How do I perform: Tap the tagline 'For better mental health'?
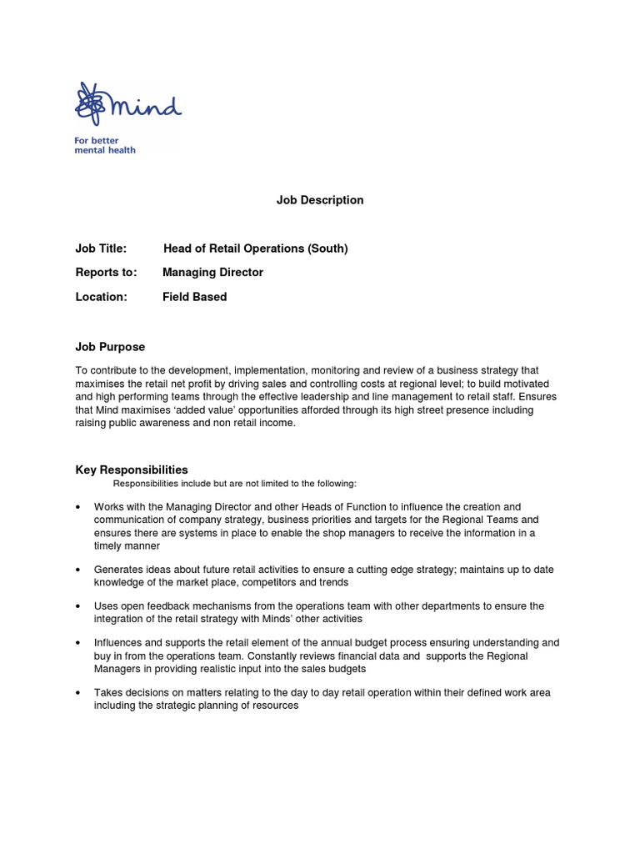point(105,145)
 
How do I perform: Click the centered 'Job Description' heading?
point(320,200)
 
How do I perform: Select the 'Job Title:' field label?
point(101,249)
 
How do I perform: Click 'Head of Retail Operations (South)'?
point(255,249)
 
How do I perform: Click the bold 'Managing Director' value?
point(212,273)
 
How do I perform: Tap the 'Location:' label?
point(101,297)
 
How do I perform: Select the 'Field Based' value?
point(194,297)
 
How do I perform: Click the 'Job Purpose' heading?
point(110,347)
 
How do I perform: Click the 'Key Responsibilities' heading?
point(132,470)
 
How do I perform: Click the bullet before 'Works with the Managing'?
point(78,507)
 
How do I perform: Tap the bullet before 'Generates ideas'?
point(78,570)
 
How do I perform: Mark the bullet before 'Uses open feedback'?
point(78,607)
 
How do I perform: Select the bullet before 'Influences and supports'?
point(78,644)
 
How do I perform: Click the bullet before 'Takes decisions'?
point(78,693)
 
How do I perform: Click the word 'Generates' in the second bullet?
point(117,570)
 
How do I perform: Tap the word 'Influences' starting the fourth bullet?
point(118,643)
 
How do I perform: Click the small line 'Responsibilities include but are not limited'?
point(235,484)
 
